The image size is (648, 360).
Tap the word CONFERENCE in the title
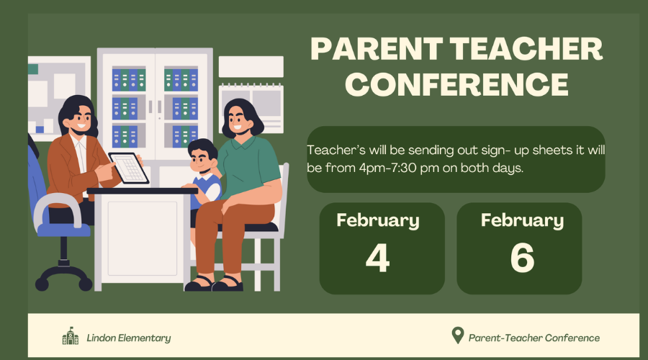[x=456, y=84]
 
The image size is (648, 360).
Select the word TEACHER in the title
[x=526, y=49]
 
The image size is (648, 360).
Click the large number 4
[x=378, y=258]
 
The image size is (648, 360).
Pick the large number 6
[x=523, y=258]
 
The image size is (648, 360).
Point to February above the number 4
[x=378, y=221]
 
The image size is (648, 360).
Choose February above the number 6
[x=523, y=221]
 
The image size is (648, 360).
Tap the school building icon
[x=71, y=336]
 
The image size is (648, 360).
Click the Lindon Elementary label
[x=129, y=338]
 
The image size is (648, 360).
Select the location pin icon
[x=457, y=336]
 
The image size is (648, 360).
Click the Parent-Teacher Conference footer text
[x=534, y=338]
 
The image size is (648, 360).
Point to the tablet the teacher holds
[x=129, y=167]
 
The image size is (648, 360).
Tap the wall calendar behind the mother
[x=251, y=107]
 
